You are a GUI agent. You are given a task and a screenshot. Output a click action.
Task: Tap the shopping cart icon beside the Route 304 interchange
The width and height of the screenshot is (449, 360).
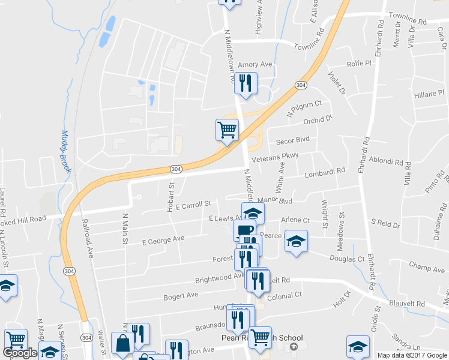[227, 130]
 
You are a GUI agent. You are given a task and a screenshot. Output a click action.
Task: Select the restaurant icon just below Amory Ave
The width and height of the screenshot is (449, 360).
[246, 83]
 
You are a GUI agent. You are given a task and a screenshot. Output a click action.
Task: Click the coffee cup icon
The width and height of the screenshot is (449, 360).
[244, 230]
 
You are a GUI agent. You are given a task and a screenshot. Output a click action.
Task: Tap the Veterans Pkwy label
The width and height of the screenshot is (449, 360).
[275, 156]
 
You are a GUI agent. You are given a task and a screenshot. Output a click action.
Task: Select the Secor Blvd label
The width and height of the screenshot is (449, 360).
[292, 140]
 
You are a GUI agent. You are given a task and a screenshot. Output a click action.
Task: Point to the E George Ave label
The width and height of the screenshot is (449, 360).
[163, 239]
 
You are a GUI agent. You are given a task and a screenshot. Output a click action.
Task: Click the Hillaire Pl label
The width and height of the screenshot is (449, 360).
[429, 94]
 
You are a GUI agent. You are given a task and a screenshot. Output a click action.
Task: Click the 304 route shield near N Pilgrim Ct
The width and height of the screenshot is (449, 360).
[301, 85]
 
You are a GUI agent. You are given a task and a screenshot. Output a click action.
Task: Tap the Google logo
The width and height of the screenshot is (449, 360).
[20, 353]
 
